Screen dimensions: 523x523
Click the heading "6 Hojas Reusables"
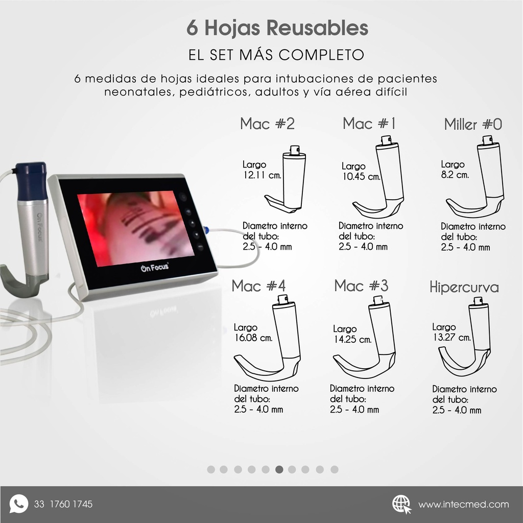(x=277, y=29)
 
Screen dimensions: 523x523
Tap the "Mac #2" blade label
(x=267, y=124)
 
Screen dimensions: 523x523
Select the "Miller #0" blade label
(x=473, y=124)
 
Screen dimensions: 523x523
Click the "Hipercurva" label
(x=464, y=288)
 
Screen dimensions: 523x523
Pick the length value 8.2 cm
(x=455, y=175)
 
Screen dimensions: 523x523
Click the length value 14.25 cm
(x=352, y=340)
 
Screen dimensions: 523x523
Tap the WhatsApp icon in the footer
(x=19, y=504)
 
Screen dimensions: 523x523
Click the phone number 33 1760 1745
(x=63, y=505)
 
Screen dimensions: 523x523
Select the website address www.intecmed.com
(x=463, y=505)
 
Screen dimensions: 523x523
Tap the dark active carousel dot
(x=279, y=469)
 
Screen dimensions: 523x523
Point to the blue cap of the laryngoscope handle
(x=31, y=181)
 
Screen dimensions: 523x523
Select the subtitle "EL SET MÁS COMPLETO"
(x=276, y=55)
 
